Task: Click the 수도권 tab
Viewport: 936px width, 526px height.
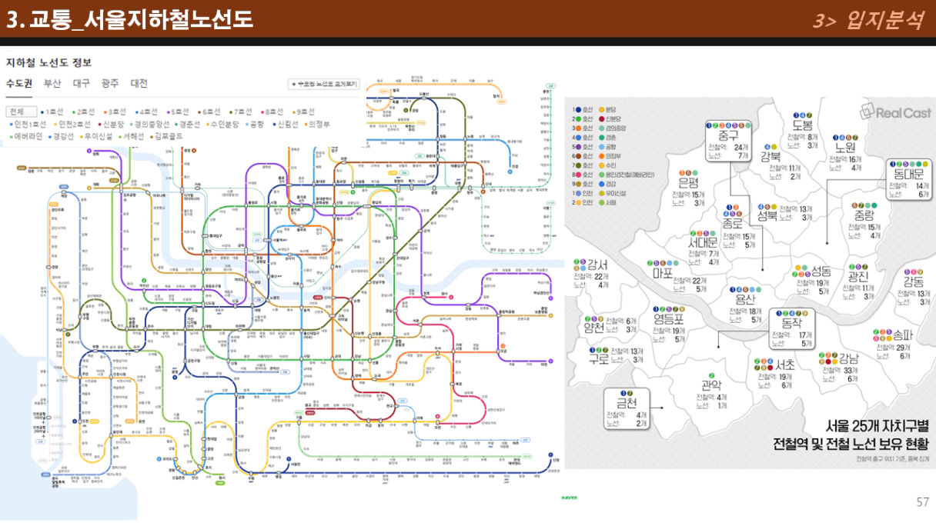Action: tap(18, 84)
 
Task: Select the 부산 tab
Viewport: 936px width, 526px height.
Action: tap(52, 84)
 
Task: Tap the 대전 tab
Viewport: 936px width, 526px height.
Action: tap(139, 84)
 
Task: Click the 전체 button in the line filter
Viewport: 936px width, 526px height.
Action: tap(20, 112)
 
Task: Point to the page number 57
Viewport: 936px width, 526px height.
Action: tap(922, 502)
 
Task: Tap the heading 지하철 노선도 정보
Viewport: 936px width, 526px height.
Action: tap(48, 62)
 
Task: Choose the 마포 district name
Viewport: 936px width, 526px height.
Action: tap(661, 272)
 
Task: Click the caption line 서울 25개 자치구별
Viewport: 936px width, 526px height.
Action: tap(877, 425)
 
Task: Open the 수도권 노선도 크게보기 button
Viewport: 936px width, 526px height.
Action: tap(324, 84)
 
